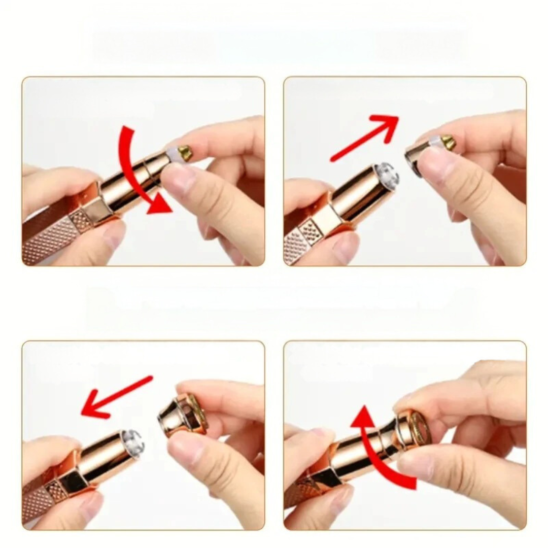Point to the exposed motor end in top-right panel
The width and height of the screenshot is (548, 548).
click(387, 176)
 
